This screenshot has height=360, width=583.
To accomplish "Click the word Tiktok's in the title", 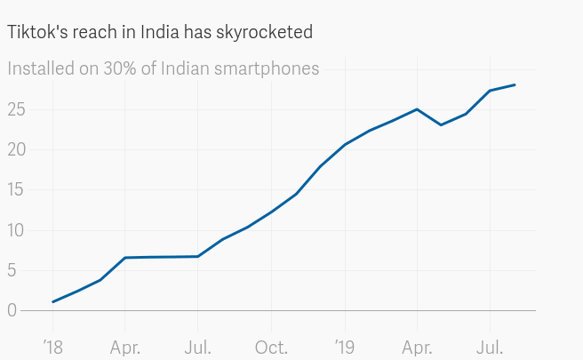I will tap(36, 32).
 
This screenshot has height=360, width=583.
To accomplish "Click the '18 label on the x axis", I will tap(52, 347).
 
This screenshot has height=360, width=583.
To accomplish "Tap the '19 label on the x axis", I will tap(344, 347).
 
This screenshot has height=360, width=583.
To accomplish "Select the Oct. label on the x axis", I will tap(271, 347).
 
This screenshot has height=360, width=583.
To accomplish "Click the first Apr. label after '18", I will tap(125, 347).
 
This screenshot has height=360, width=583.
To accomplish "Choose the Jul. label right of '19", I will tap(491, 347).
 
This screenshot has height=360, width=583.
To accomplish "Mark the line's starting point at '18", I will tap(52, 302).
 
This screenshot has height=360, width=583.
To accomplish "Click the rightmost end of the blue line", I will tap(515, 84).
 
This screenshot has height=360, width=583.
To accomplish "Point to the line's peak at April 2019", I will tap(417, 109).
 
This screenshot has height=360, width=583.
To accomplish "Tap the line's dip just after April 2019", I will tap(441, 124).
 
